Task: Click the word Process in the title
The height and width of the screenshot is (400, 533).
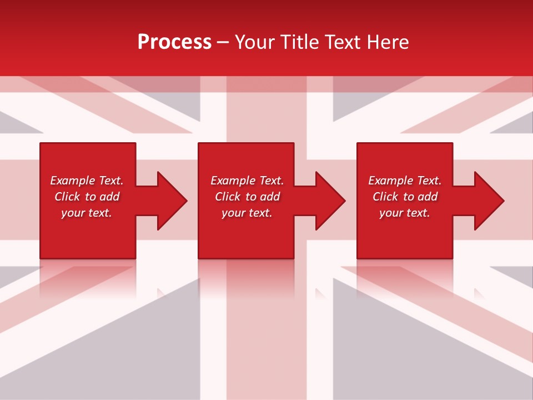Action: pos(174,42)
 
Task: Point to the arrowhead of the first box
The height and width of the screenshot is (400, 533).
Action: pos(172,201)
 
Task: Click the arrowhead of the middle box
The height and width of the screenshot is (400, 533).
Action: pos(330,201)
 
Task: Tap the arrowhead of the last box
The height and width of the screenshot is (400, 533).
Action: pos(489,201)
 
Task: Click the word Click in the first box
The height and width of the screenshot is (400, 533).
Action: pos(67,197)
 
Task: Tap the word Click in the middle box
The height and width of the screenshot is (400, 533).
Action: pos(228,197)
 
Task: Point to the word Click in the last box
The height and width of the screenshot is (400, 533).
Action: pos(385,197)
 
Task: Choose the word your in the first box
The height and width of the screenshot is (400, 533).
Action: pos(73,213)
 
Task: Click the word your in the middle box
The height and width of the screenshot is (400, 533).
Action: pos(234,213)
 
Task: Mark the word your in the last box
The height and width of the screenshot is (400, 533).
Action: pos(391,213)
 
